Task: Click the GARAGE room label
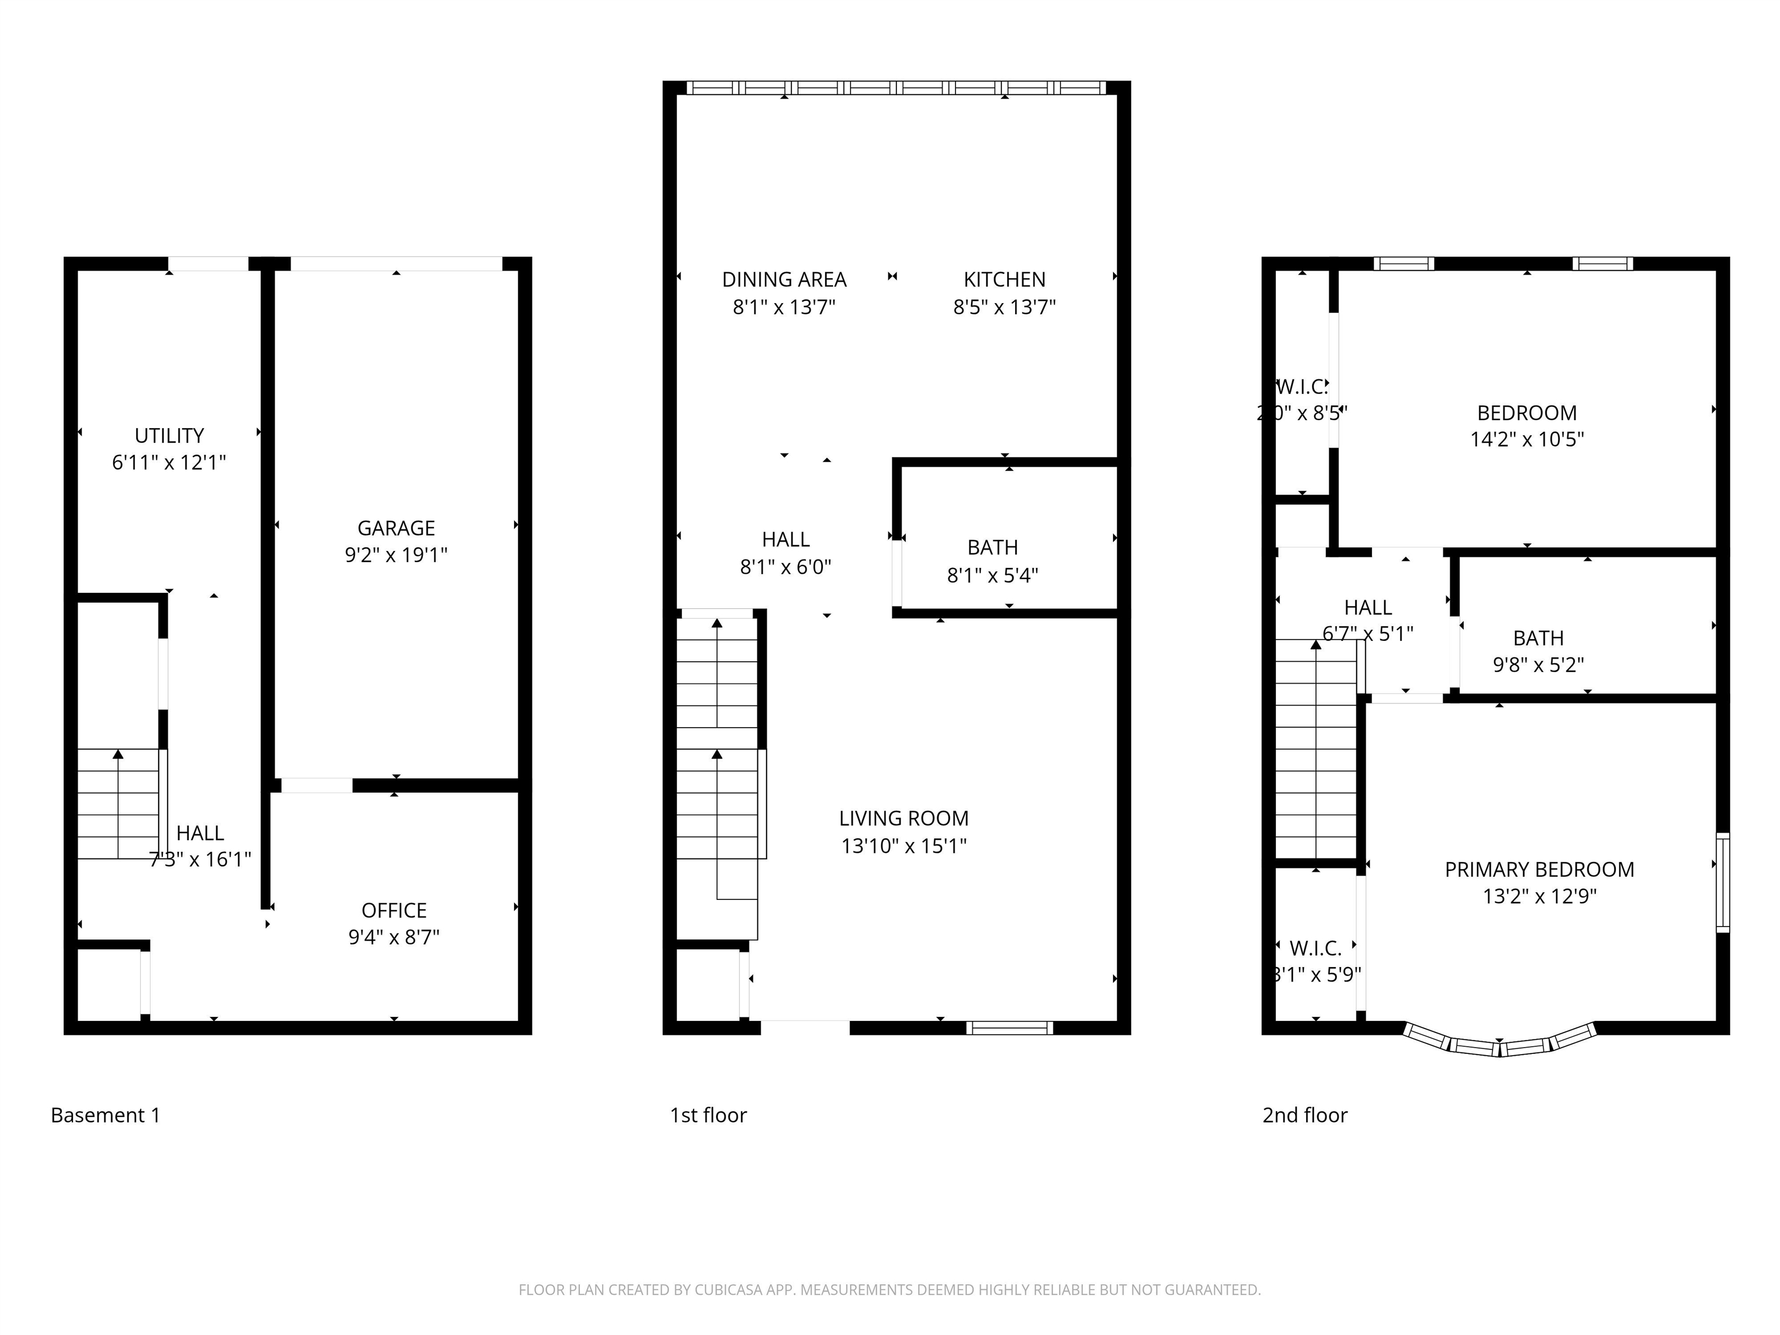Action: coord(396,528)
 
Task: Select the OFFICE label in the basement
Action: coord(393,910)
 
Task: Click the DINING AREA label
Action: coord(784,280)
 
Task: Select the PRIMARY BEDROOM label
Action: coord(1538,870)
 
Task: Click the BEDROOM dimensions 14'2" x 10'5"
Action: coord(1527,439)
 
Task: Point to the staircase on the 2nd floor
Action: coord(1316,749)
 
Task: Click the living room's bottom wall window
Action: coord(1009,1027)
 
